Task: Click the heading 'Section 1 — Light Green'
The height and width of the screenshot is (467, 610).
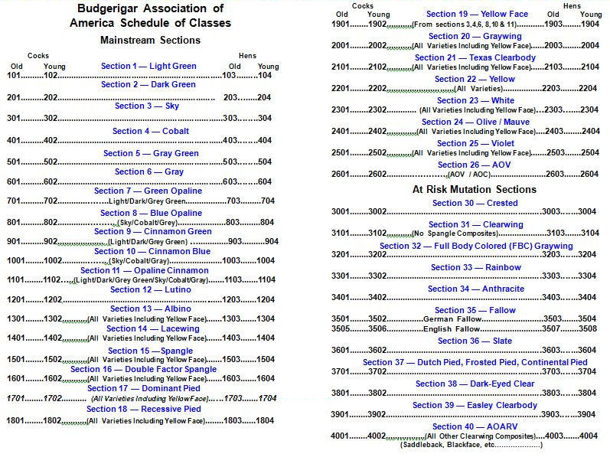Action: coord(148,66)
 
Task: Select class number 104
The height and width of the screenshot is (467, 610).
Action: coord(265,77)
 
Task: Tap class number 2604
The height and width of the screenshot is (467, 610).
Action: coord(589,175)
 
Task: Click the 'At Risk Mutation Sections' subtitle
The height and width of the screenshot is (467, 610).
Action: coord(475,189)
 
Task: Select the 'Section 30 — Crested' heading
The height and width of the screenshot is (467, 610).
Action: coord(475,203)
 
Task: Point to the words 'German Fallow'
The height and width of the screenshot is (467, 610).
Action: coord(448,318)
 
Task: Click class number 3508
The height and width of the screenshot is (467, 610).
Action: coord(587,329)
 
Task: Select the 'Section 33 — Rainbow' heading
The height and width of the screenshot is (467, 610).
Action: coord(475,267)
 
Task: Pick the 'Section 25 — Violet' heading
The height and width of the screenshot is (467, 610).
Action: coord(475,143)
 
